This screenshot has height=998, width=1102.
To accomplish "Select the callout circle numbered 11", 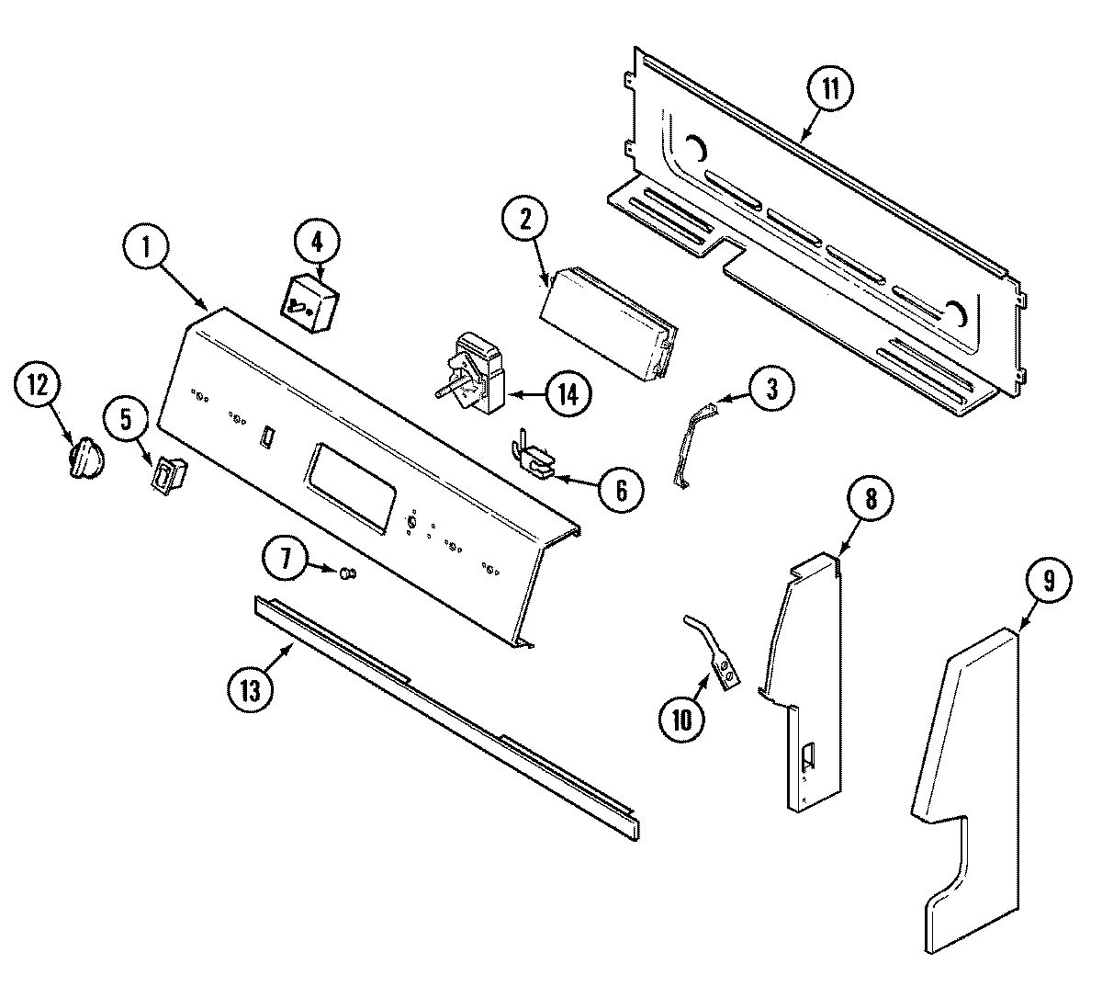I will pyautogui.click(x=829, y=90).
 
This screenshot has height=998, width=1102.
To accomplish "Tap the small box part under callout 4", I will pyautogui.click(x=309, y=303).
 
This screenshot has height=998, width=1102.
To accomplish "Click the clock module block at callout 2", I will pyautogui.click(x=606, y=325).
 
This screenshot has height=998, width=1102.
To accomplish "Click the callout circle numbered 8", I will pyautogui.click(x=870, y=499).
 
